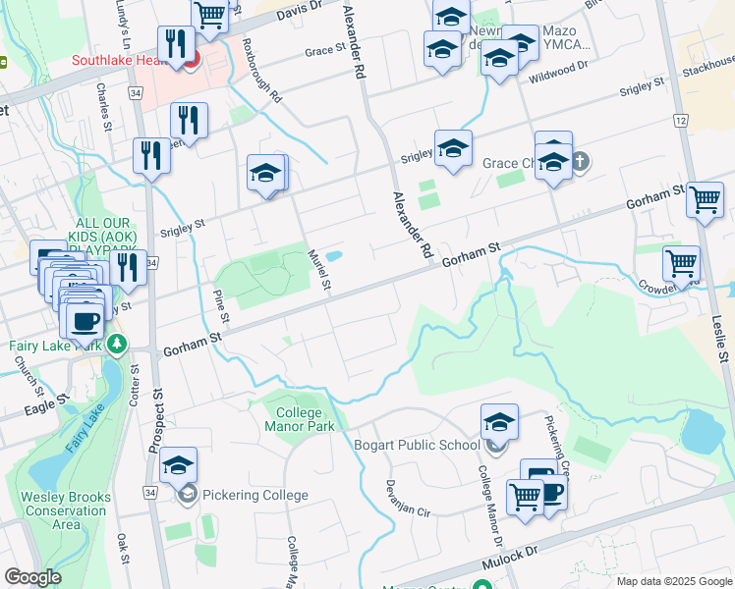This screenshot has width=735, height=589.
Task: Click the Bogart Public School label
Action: pos(417,445)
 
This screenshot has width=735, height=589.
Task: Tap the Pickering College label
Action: pos(254,495)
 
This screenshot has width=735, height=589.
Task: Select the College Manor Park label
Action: pos(300,419)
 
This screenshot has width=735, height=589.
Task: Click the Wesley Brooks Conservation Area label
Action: pos(67,510)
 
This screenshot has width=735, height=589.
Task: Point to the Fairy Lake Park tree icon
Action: pos(117,345)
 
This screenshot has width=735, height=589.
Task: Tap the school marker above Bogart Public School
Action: pos(499,422)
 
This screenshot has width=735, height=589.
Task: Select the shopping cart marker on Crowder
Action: pos(681,263)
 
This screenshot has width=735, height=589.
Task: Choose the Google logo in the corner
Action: pos(32,577)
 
